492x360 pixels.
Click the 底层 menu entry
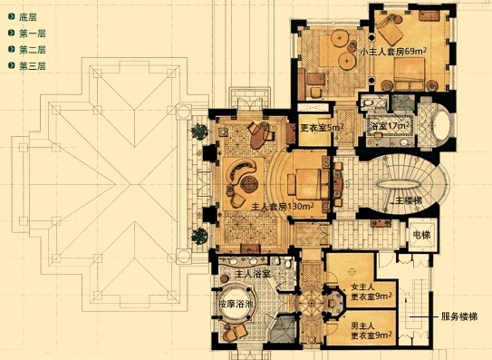click(23, 17)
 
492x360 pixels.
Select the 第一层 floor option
click(27, 34)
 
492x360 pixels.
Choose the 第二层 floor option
click(27, 50)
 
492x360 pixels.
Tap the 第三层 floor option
click(27, 66)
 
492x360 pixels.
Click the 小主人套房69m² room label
click(393, 51)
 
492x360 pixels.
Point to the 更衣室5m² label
click(322, 128)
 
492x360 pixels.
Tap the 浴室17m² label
click(390, 126)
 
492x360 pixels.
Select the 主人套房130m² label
click(283, 207)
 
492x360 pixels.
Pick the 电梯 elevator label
click(421, 235)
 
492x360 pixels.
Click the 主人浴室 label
click(253, 274)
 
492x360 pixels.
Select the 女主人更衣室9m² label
click(371, 291)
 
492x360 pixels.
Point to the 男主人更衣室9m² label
click(371, 330)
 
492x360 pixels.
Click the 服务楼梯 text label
click(459, 316)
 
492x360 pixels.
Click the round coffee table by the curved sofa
click(249, 183)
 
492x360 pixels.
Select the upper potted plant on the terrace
click(200, 131)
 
